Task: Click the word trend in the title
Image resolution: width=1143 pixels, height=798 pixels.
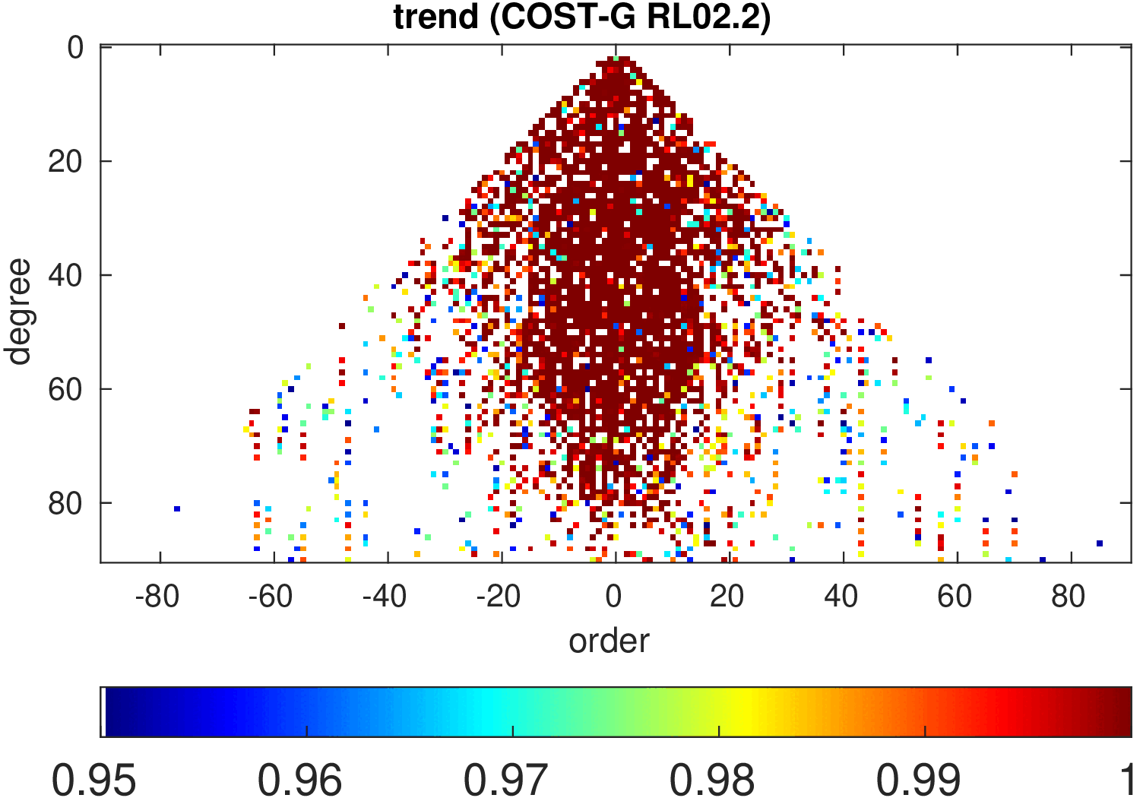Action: coord(435,17)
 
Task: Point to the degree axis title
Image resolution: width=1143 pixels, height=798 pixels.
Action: coord(18,312)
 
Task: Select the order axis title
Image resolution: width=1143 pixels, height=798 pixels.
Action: coord(609,641)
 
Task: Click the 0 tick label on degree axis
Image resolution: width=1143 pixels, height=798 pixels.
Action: coord(75,48)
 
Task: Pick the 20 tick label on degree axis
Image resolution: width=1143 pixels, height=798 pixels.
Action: coord(65,161)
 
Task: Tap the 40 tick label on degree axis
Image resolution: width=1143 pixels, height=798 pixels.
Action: coord(65,275)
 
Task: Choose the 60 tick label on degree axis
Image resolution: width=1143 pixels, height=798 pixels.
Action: coord(65,389)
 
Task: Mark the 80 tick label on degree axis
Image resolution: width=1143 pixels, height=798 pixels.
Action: coord(65,503)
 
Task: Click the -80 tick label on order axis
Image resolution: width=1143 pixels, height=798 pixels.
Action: coord(157,597)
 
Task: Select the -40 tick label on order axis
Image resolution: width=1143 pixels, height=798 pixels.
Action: coord(385,597)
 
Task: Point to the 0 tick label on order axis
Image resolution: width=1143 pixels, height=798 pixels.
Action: coord(614,597)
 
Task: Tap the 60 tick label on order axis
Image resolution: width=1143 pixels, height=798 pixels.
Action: coord(955,597)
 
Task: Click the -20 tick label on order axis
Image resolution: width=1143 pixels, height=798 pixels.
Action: coord(499,597)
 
